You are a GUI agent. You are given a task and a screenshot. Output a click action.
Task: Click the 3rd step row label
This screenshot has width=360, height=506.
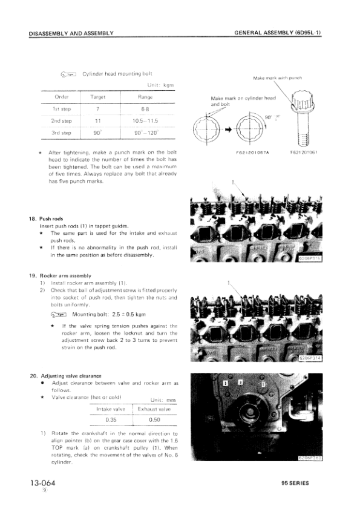click(62, 132)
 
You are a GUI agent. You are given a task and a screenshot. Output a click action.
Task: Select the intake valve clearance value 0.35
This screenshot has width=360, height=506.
click(111, 419)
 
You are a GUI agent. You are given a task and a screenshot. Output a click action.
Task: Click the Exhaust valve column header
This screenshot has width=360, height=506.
click(154, 409)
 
